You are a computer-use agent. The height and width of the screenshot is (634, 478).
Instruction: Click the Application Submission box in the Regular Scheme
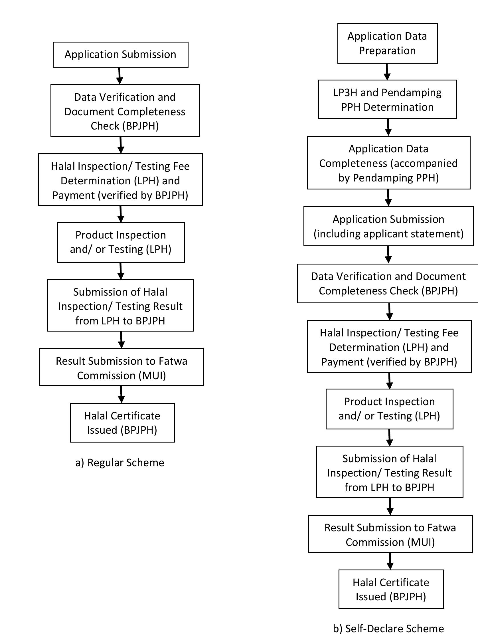[120, 54]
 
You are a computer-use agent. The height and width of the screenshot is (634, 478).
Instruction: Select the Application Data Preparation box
[387, 43]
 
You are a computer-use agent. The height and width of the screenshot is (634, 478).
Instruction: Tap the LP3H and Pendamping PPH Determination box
[387, 99]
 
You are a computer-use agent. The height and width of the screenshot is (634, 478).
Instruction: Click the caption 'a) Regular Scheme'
[120, 463]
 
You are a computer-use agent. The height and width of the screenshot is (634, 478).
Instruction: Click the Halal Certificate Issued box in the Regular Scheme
[122, 423]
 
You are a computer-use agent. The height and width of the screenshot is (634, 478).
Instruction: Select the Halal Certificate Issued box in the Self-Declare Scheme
[391, 589]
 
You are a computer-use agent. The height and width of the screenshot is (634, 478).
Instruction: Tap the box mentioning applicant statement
[388, 226]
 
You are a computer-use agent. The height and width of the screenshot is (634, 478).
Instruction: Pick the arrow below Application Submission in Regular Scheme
[119, 76]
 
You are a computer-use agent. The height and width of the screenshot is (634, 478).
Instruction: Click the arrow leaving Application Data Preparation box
[387, 72]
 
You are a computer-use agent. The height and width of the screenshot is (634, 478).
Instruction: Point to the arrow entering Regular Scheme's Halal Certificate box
[121, 394]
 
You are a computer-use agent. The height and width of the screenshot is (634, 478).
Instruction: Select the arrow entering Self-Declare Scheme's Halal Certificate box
[390, 561]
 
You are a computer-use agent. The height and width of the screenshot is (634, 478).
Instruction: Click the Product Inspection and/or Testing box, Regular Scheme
[121, 242]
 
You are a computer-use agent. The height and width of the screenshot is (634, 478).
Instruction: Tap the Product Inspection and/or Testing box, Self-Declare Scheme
[389, 409]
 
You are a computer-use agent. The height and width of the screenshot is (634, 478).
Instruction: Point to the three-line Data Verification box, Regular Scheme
[125, 111]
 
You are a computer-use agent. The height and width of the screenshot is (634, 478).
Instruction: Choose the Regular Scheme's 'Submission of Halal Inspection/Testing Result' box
[120, 306]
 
